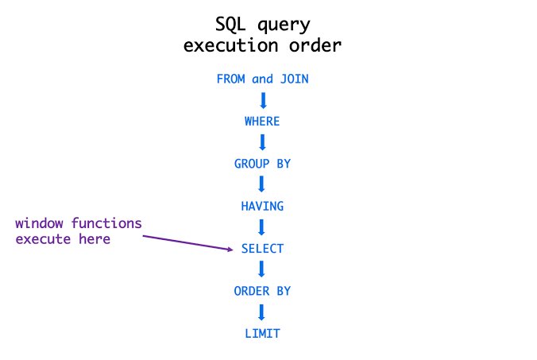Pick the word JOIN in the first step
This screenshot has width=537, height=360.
tap(292, 79)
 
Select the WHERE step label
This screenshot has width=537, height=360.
tap(262, 122)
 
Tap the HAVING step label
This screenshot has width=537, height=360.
tap(262, 206)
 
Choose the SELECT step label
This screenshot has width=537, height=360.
tap(262, 249)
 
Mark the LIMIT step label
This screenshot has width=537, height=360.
tap(262, 334)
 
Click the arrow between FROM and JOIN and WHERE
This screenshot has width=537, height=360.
tap(262, 100)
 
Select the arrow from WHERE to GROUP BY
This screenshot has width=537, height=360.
tap(262, 142)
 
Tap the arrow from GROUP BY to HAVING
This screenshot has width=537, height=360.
tap(262, 184)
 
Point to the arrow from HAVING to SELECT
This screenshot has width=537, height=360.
tap(262, 227)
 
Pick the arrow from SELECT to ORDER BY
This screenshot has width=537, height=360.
tap(262, 269)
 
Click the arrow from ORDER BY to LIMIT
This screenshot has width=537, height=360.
tap(262, 312)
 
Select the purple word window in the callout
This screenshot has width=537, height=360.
tap(40, 223)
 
